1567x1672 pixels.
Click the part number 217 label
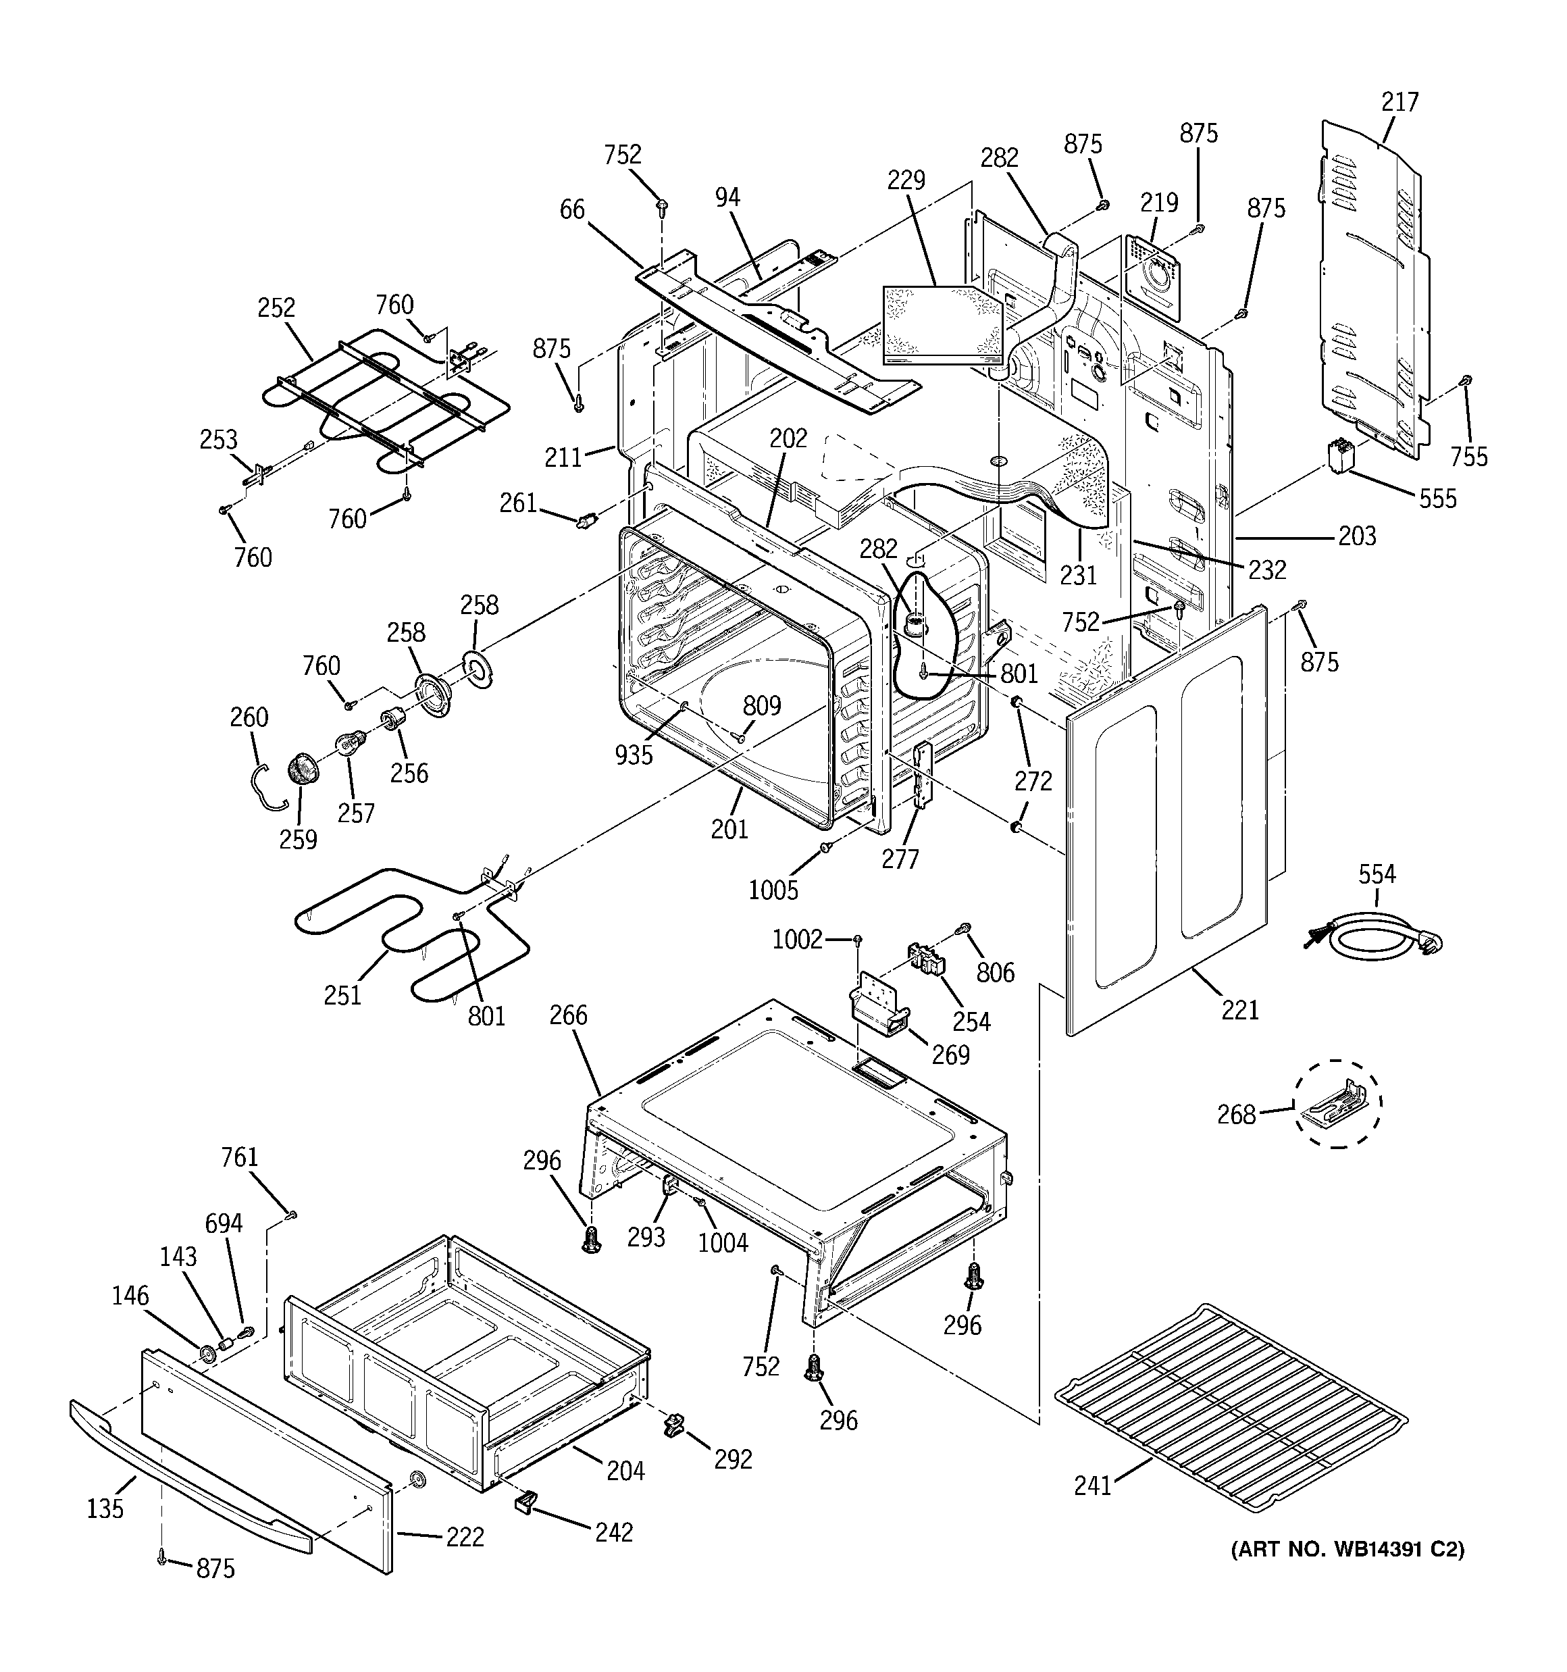pos(1399,102)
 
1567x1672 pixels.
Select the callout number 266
pos(569,1015)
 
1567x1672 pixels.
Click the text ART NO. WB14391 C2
pos(1347,1572)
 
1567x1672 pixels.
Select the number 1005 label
pos(773,890)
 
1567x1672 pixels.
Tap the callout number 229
pos(906,180)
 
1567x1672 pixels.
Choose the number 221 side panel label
pos(1240,1009)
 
